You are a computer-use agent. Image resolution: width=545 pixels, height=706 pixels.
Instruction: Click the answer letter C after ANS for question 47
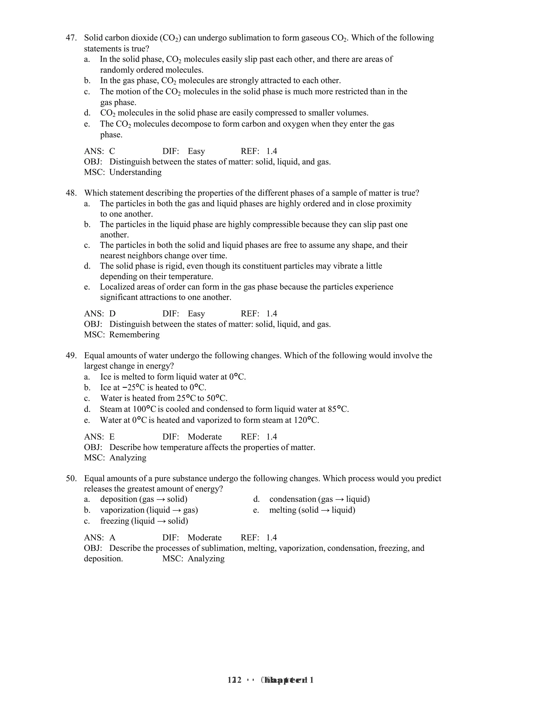click(112, 151)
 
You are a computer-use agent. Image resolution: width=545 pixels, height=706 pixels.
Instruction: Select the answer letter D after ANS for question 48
click(112, 314)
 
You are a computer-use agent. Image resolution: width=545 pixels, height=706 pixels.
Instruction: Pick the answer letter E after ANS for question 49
click(112, 437)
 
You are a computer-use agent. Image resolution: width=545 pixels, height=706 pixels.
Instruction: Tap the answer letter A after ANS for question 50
click(112, 538)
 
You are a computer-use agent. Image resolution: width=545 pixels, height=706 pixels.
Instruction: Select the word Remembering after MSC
click(134, 335)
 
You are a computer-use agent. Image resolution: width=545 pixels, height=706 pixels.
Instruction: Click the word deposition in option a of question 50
click(118, 500)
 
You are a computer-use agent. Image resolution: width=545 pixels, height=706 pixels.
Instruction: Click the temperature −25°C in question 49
click(133, 388)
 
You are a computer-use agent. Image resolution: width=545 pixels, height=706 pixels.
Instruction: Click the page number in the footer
click(235, 680)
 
